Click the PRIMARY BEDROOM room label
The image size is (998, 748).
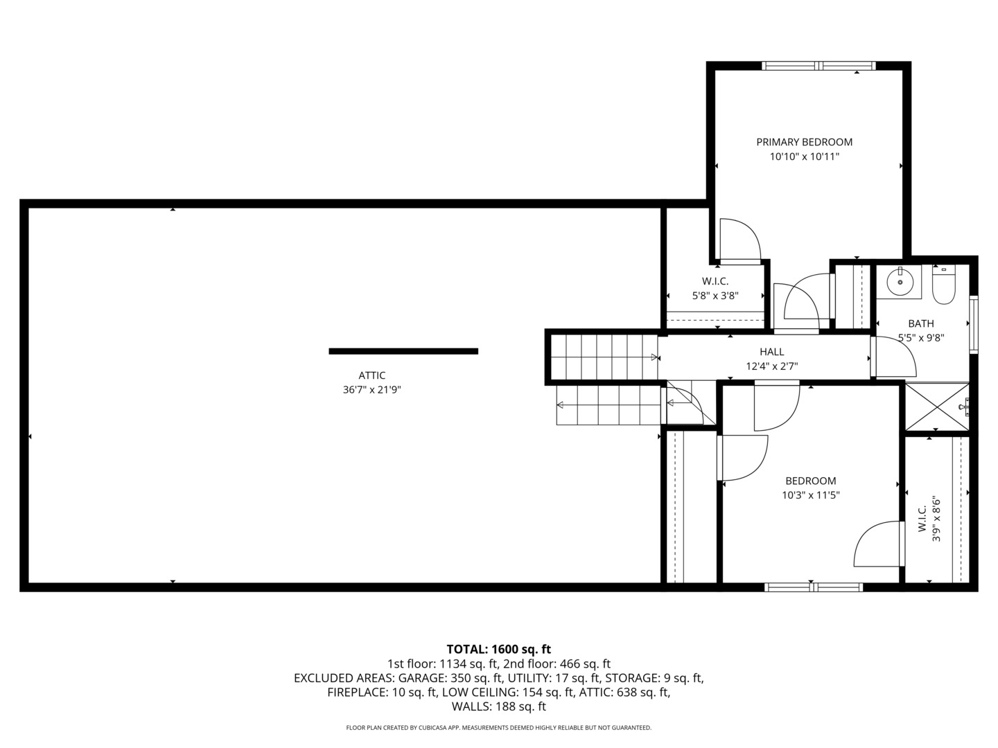pos(804,142)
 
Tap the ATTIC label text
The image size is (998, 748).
pos(371,375)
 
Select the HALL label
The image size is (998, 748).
pos(771,352)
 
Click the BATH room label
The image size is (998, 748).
pos(920,323)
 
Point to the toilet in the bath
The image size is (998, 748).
pos(943,287)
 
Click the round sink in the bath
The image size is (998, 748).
pos(899,282)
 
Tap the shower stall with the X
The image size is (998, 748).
pos(936,407)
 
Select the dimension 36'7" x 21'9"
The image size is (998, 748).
pos(371,390)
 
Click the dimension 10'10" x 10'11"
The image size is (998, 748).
pos(804,157)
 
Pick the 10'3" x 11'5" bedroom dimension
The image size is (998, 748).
pos(810,495)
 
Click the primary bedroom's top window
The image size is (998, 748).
pos(818,66)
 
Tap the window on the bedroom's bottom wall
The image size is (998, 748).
pos(813,587)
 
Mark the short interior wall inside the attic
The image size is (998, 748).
pos(403,351)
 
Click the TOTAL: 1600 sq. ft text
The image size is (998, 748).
pos(498,649)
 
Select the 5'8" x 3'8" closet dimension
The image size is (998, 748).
pos(715,296)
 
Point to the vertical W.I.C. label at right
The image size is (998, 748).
pos(922,519)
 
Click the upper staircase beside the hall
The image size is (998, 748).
pos(604,356)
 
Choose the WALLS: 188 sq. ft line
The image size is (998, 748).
pos(498,706)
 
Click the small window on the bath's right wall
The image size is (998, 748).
pos(973,324)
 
